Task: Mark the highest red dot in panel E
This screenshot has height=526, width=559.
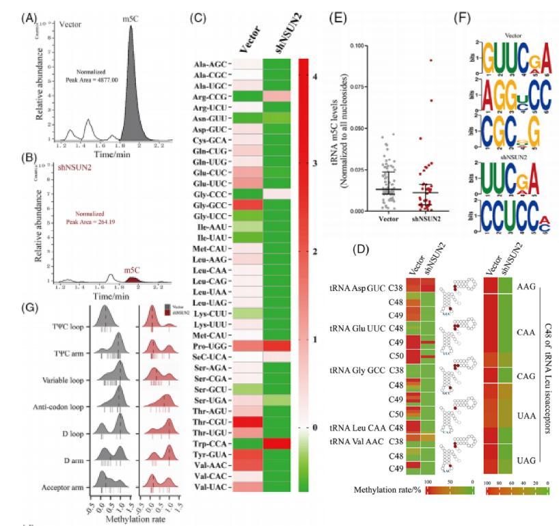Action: tap(411, 60)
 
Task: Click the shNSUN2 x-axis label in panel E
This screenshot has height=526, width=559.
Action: tap(411, 220)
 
